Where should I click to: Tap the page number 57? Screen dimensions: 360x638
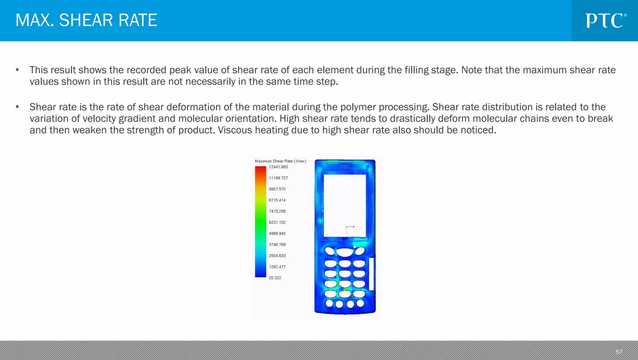pyautogui.click(x=619, y=352)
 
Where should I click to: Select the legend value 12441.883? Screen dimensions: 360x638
pyautogui.click(x=278, y=167)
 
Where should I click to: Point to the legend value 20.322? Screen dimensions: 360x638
pyautogui.click(x=275, y=278)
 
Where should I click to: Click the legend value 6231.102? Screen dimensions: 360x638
pyautogui.click(x=277, y=223)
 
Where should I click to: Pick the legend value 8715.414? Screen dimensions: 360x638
pyautogui.click(x=277, y=200)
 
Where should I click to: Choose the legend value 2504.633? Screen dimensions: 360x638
pyautogui.click(x=277, y=256)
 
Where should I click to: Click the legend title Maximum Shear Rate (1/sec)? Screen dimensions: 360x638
pyautogui.click(x=280, y=161)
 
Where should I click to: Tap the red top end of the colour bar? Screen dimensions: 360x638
pyautogui.click(x=260, y=169)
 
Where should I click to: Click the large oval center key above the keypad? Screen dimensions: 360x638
pyautogui.click(x=345, y=252)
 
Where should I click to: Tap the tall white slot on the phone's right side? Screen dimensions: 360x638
pyautogui.click(x=371, y=274)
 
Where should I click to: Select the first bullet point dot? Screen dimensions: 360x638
pyautogui.click(x=17, y=70)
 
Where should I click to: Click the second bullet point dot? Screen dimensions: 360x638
pyautogui.click(x=17, y=107)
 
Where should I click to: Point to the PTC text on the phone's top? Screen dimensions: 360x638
pyautogui.click(x=345, y=167)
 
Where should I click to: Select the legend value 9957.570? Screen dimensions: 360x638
pyautogui.click(x=277, y=189)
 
